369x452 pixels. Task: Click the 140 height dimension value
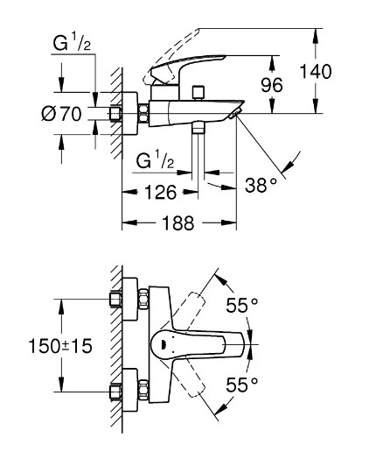tap(316, 71)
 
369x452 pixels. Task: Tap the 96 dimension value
tap(272, 85)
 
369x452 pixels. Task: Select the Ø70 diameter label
tap(61, 114)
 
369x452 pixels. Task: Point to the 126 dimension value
tap(161, 192)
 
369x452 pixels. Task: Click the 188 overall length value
tap(178, 223)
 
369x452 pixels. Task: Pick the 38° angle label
tap(261, 185)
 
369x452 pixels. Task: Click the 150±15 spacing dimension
tap(60, 346)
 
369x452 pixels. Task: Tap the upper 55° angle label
tap(242, 306)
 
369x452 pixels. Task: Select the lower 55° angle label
tap(242, 385)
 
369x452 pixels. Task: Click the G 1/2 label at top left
tap(72, 43)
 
